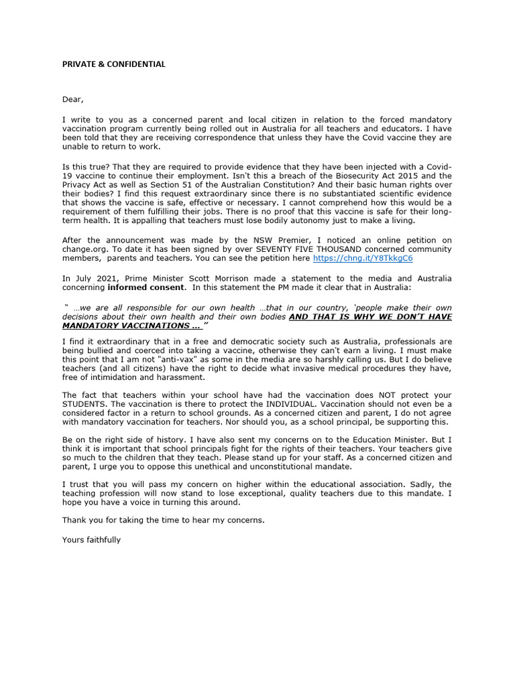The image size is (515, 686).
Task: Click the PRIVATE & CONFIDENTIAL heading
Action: coord(113,64)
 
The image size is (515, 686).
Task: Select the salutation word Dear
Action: coord(72,100)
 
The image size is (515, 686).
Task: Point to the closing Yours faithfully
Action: coord(91,539)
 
